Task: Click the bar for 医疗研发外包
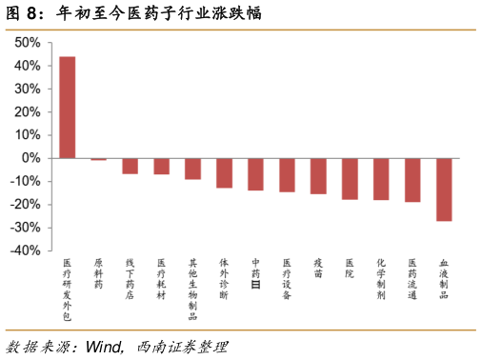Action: pyautogui.click(x=68, y=108)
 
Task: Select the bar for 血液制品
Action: pyautogui.click(x=444, y=190)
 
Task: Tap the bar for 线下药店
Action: pyautogui.click(x=130, y=166)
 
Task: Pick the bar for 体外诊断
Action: pyautogui.click(x=225, y=173)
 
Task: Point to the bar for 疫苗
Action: pyautogui.click(x=318, y=176)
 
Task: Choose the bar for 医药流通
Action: pyautogui.click(x=412, y=180)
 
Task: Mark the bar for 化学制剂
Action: pyautogui.click(x=381, y=179)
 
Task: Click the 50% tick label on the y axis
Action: pyautogui.click(x=28, y=42)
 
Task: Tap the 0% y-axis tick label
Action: pyautogui.click(x=30, y=158)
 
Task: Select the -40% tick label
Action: pyautogui.click(x=26, y=250)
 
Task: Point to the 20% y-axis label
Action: pyautogui.click(x=28, y=111)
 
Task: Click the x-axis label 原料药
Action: pyautogui.click(x=98, y=273)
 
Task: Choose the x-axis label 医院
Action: pyautogui.click(x=350, y=269)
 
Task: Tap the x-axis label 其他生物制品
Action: pyautogui.click(x=192, y=290)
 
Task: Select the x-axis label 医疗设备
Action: pyautogui.click(x=287, y=279)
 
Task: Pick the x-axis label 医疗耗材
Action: pyautogui.click(x=161, y=279)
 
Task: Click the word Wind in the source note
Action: pyautogui.click(x=104, y=347)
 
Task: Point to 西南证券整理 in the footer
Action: pyautogui.click(x=183, y=347)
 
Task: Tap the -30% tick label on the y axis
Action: pyautogui.click(x=26, y=228)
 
